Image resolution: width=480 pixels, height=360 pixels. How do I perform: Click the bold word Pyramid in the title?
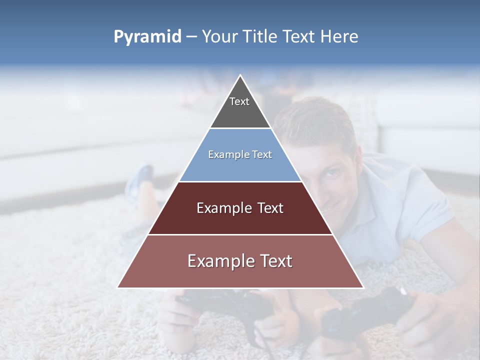pyautogui.click(x=147, y=37)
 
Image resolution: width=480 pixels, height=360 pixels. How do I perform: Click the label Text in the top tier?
pyautogui.click(x=239, y=101)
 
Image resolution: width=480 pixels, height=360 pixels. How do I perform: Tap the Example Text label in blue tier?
pyautogui.click(x=240, y=154)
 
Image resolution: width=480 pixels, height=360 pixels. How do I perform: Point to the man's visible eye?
pyautogui.click(x=332, y=173)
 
